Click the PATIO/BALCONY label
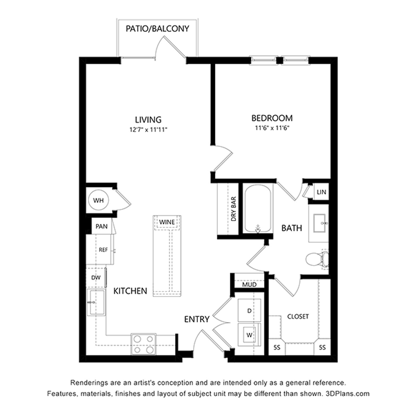point(157,28)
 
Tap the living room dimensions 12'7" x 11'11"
point(148,130)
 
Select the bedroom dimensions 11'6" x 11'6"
point(272,128)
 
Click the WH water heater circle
point(98,200)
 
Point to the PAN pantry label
point(101,227)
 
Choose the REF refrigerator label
point(103,250)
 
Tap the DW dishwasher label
point(96,278)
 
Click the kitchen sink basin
point(96,303)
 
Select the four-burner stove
point(144,344)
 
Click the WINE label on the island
point(167,222)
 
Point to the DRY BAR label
point(234,209)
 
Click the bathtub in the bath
point(258,208)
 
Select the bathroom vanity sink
point(321,223)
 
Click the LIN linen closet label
point(321,192)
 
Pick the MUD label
point(249,284)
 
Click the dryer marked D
point(249,310)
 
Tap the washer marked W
point(249,335)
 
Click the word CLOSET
point(298,316)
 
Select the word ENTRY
point(197,319)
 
